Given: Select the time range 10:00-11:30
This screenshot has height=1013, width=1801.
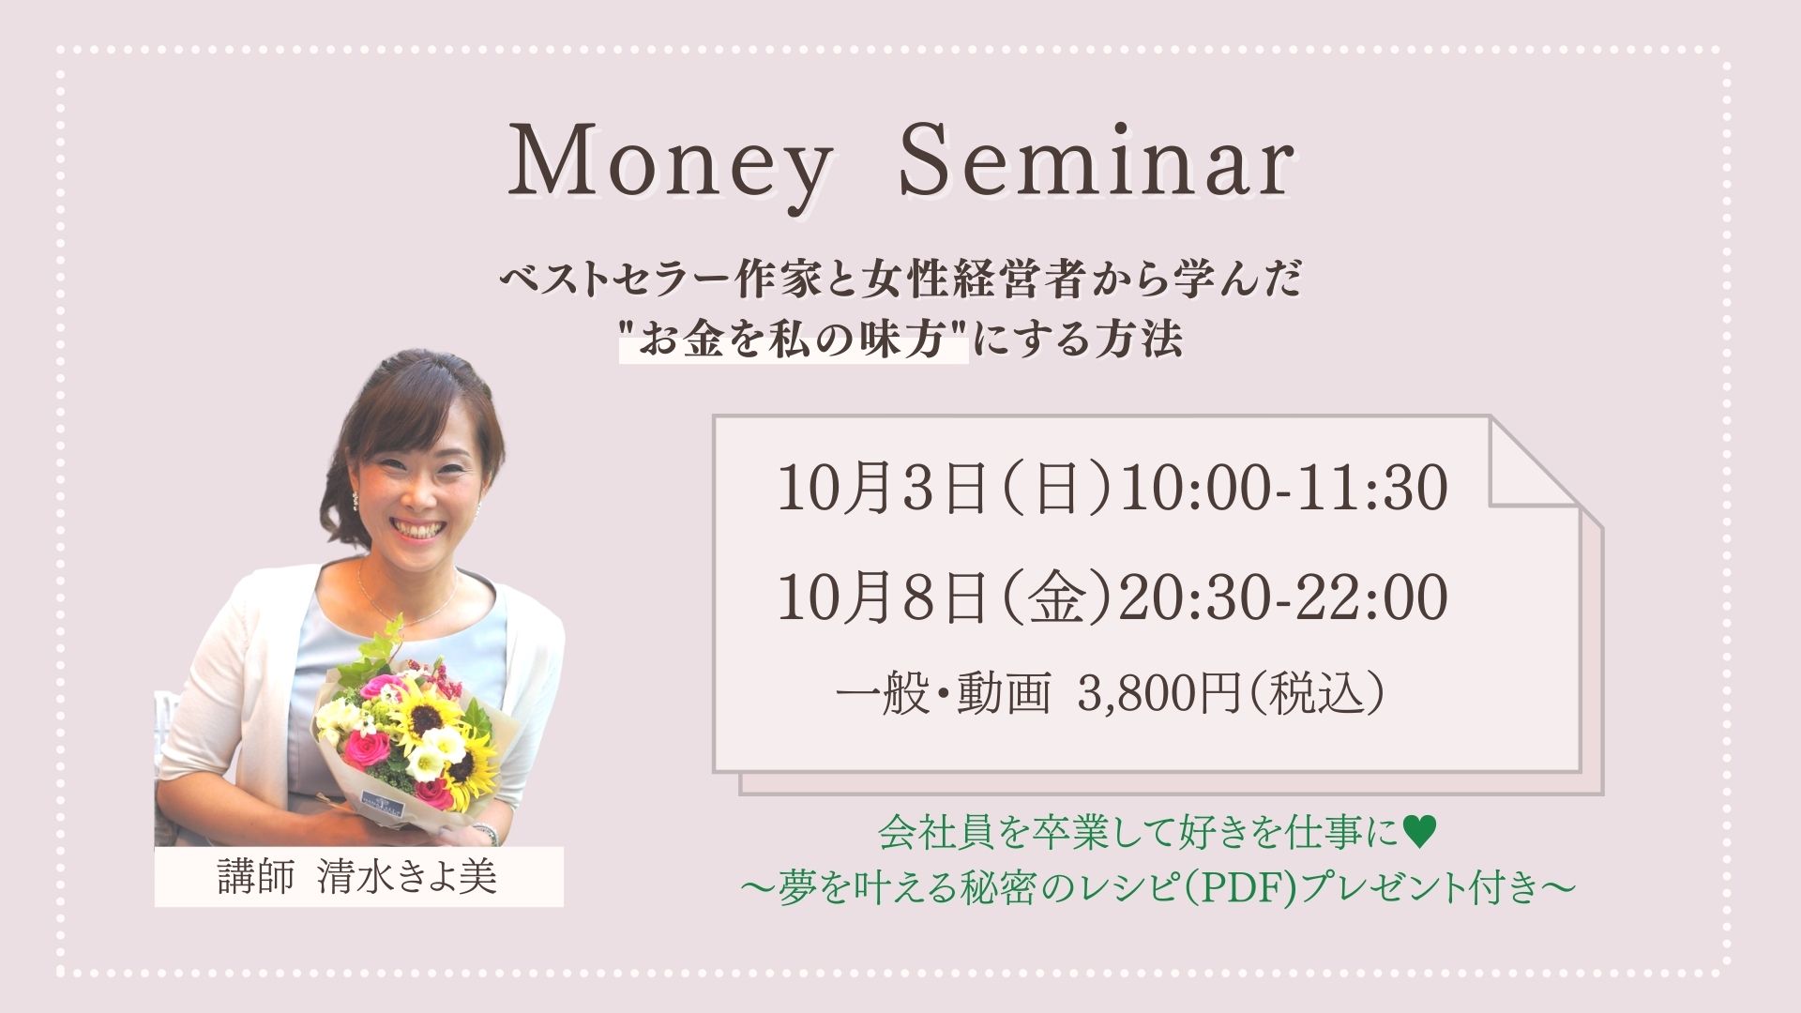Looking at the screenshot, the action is [1284, 489].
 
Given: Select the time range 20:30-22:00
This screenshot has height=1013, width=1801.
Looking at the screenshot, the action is [1284, 597].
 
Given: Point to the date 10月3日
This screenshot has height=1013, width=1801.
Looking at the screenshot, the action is [882, 490].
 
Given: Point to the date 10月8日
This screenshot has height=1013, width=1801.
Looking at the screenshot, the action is [882, 598].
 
